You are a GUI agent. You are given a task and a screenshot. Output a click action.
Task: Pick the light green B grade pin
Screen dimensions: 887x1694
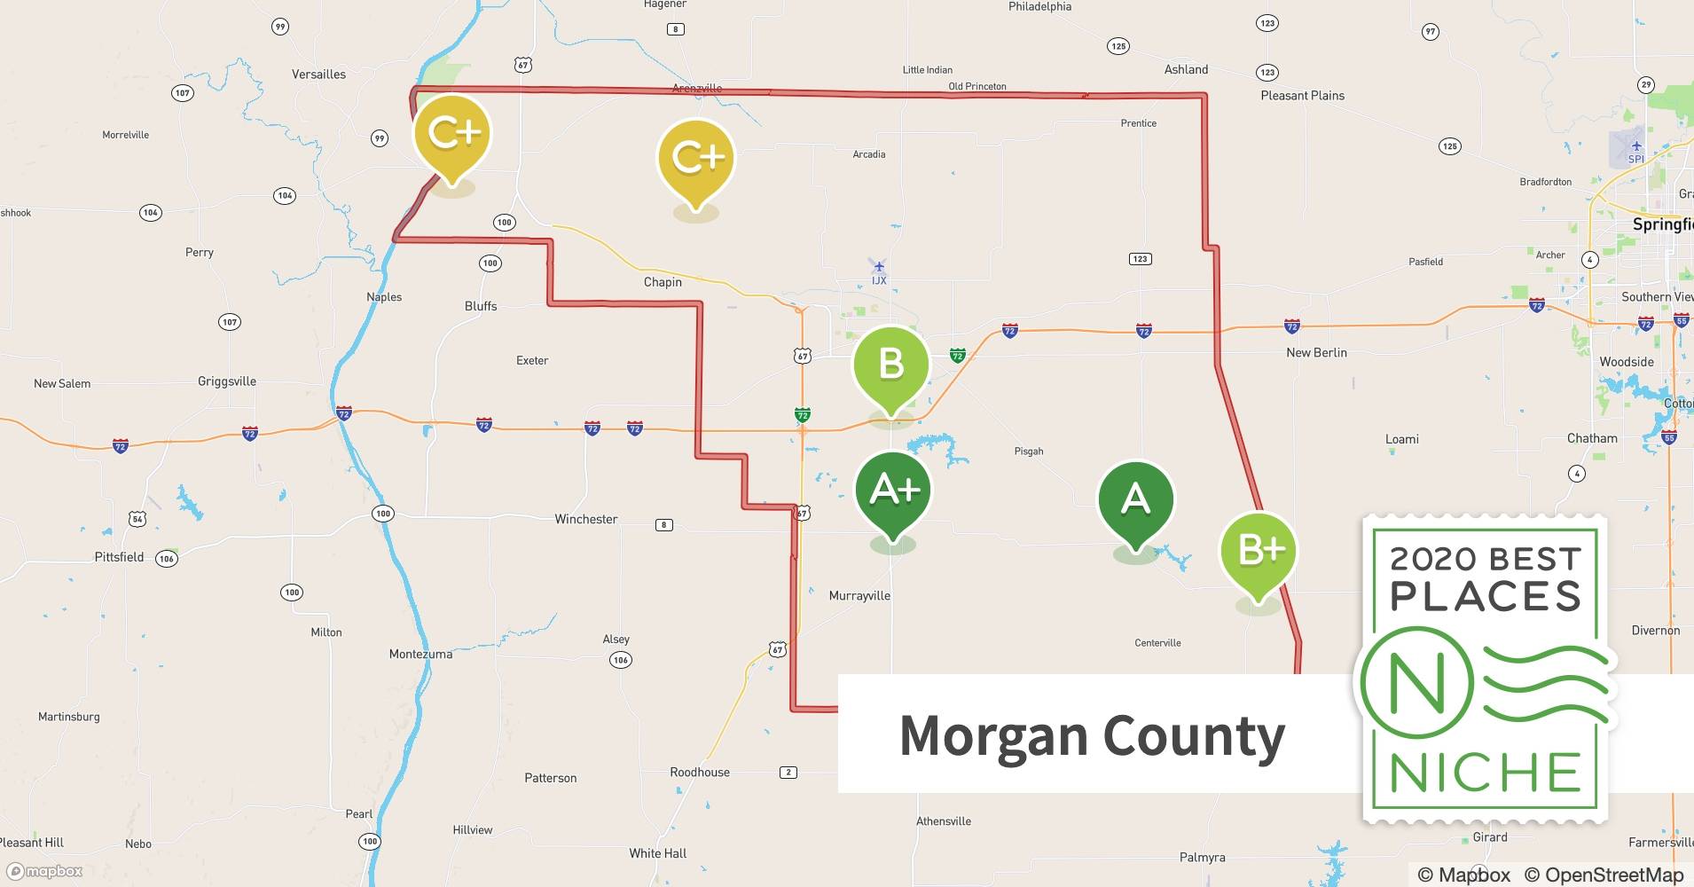(x=891, y=365)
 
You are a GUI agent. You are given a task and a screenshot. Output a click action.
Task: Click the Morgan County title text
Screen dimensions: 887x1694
(x=1092, y=736)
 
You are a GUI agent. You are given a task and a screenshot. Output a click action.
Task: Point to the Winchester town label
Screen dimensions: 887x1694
(x=585, y=519)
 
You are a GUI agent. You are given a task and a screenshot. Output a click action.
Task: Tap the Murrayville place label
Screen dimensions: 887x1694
(x=859, y=595)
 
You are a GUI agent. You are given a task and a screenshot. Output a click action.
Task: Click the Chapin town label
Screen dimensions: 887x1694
(x=663, y=282)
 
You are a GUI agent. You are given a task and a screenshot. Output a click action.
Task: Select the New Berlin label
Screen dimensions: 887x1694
(x=1316, y=352)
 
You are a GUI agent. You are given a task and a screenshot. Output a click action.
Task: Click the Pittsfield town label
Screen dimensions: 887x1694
(x=119, y=557)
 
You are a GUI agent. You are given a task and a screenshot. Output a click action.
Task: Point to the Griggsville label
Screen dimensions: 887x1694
(x=227, y=381)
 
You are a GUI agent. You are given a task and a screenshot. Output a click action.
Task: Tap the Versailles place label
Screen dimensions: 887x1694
(x=318, y=75)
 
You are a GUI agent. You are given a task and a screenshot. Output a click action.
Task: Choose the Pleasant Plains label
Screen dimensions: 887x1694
(x=1302, y=96)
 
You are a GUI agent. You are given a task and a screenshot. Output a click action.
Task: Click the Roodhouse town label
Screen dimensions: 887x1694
(x=700, y=772)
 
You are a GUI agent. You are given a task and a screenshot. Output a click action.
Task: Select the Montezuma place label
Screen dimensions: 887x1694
(x=420, y=654)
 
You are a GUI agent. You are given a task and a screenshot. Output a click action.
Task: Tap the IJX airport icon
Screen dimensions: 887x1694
(x=879, y=267)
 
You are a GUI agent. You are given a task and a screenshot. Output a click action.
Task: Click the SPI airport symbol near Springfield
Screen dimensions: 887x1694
(x=1636, y=146)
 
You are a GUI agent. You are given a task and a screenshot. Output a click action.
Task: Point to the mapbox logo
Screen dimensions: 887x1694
(x=45, y=871)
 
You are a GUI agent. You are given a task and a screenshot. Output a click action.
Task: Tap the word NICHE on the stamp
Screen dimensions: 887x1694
(x=1486, y=773)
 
